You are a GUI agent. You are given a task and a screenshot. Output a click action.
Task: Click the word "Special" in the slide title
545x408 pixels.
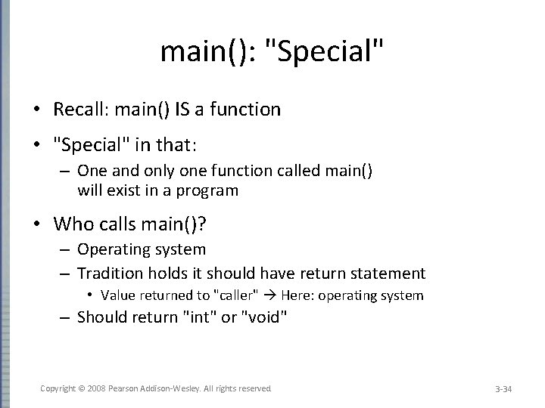(328, 52)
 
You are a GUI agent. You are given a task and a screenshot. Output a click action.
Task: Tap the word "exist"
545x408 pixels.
(117, 190)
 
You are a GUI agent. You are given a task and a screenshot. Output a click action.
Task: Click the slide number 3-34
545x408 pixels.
(503, 389)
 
